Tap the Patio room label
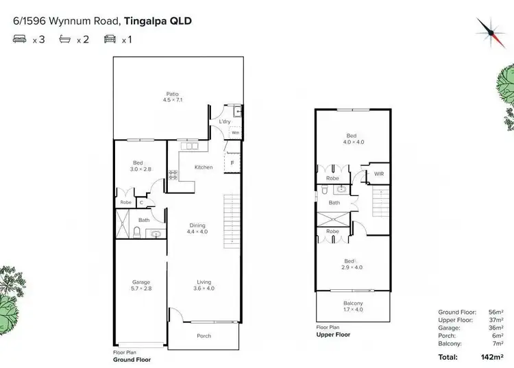(171, 97)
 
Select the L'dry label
(224, 122)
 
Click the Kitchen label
(204, 167)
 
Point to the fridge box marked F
(232, 162)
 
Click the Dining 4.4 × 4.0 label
(197, 229)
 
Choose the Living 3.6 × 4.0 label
(204, 285)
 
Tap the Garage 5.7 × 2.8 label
(141, 285)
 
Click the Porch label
(204, 336)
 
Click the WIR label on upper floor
(378, 174)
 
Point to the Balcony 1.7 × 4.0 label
(353, 306)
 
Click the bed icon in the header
(19, 40)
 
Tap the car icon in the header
(110, 40)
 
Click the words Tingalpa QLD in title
(158, 21)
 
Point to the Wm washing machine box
(235, 132)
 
